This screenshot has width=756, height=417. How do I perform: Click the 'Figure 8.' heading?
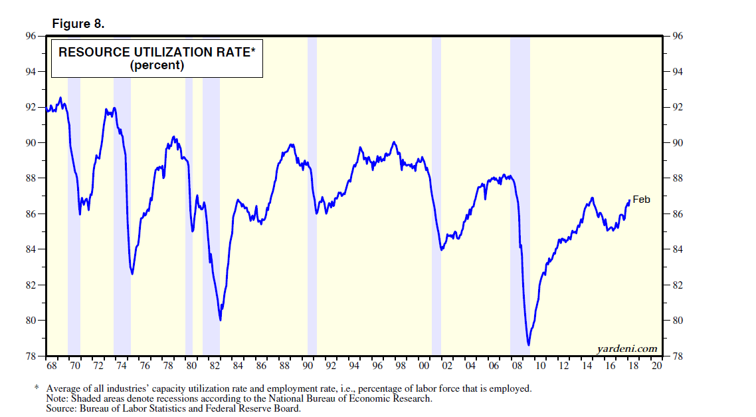coord(78,24)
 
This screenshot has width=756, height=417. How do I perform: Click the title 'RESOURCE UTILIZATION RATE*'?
coord(157,53)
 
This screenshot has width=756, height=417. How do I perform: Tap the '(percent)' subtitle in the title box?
coord(157,66)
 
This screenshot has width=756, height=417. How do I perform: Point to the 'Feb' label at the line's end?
coord(641,200)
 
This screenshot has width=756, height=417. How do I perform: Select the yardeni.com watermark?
coord(626,348)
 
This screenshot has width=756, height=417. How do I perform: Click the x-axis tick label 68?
coord(51,366)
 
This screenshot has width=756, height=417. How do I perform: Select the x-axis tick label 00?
coord(423,366)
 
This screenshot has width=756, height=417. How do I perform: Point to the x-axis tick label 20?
coord(656,366)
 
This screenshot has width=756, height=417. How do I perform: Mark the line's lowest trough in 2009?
coord(528,345)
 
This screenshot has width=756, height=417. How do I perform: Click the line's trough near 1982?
coord(220,320)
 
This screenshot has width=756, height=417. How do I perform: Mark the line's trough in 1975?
coord(132,273)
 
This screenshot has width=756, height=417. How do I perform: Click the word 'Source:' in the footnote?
coord(62,408)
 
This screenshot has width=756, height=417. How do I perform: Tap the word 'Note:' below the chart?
coord(58,398)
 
